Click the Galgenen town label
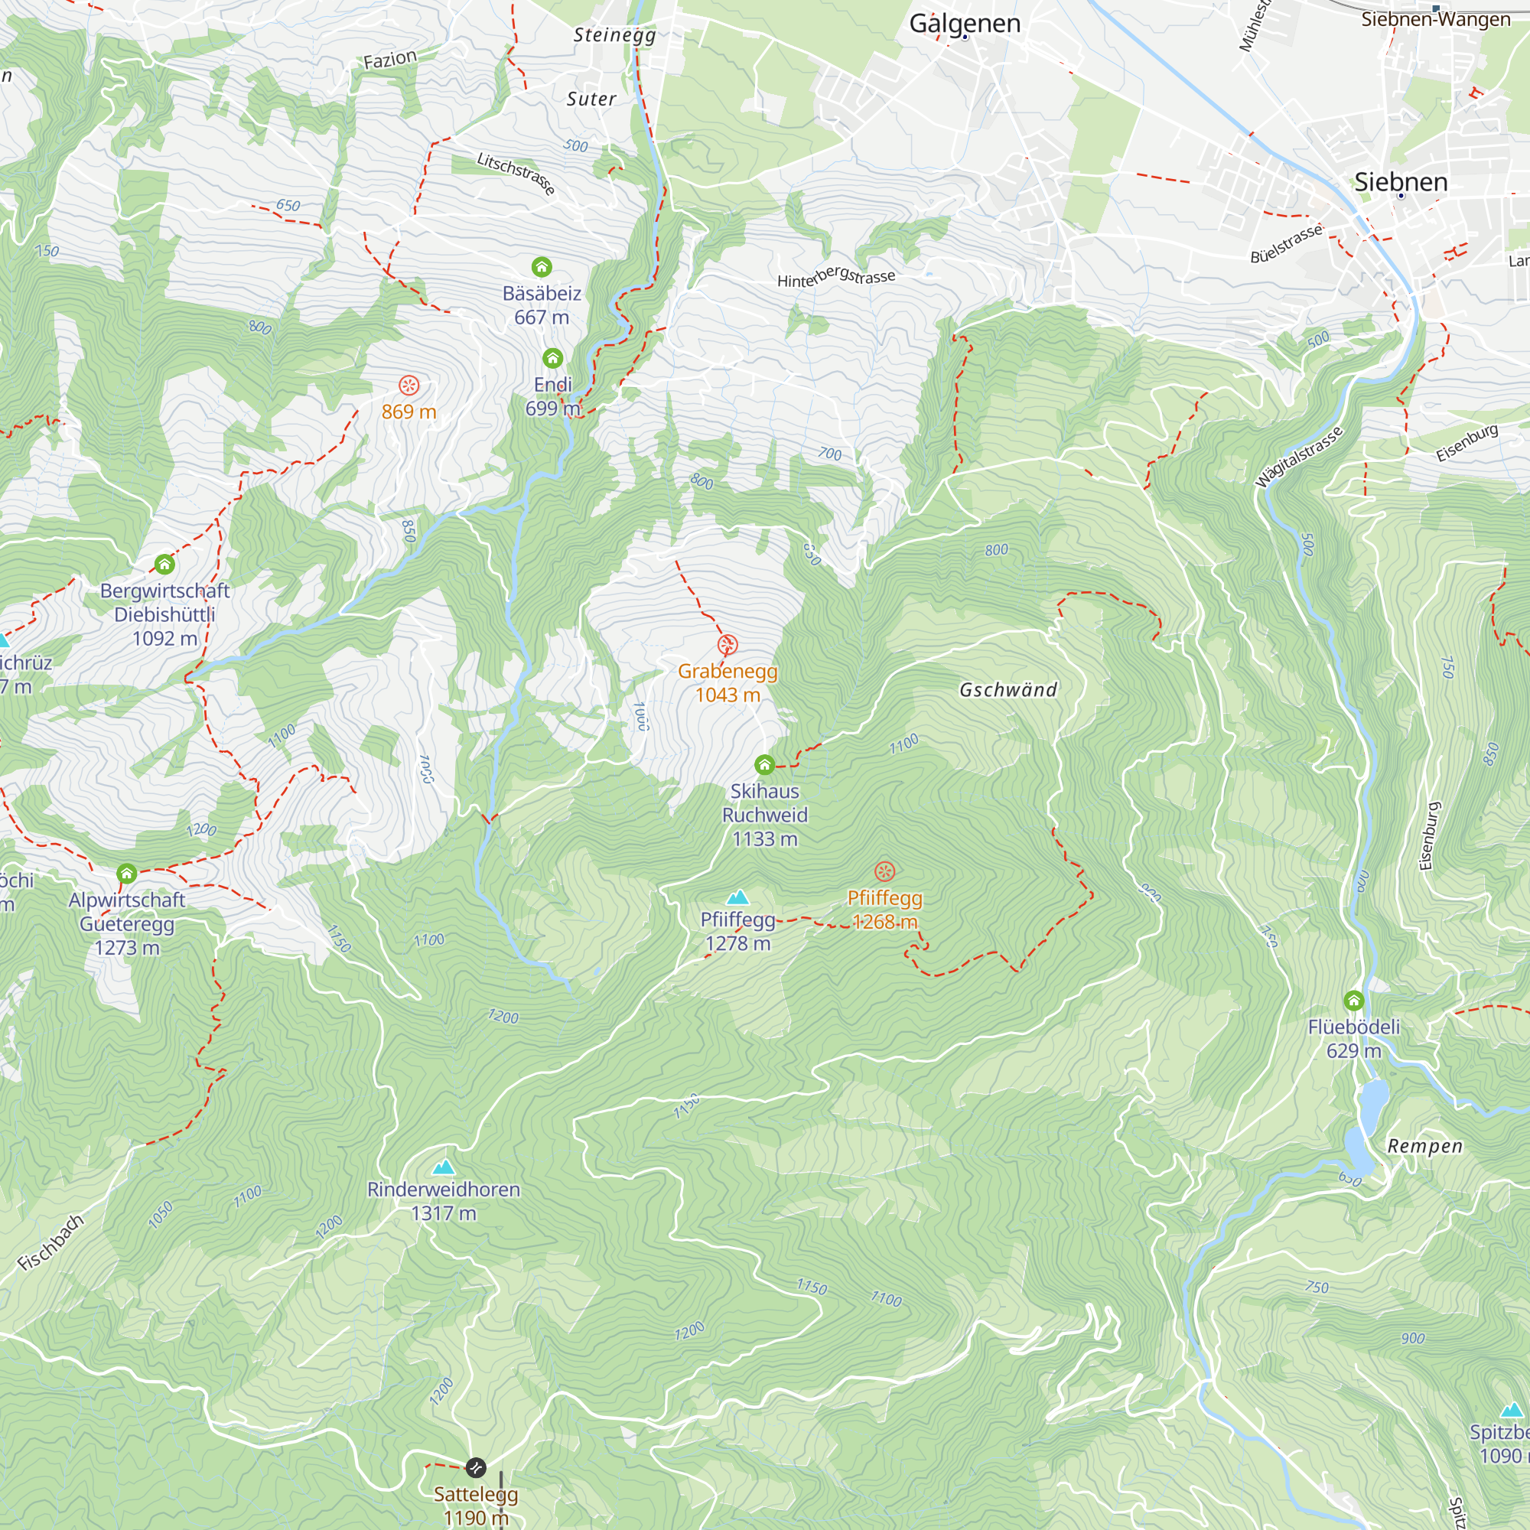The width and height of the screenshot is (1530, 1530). (x=965, y=24)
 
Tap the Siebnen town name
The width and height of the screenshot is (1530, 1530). (x=1400, y=182)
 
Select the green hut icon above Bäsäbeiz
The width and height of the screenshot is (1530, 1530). (x=542, y=267)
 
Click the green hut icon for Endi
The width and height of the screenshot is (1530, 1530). (x=553, y=359)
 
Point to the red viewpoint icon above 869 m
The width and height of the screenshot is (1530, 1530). (x=409, y=386)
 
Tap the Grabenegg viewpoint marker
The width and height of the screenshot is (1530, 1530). (x=728, y=645)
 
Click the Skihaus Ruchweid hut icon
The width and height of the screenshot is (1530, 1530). (x=764, y=765)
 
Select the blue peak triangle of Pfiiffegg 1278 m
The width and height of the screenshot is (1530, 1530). (x=738, y=897)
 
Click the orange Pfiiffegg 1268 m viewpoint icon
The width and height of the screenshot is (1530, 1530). (x=884, y=872)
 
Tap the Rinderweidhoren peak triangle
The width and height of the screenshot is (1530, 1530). (x=444, y=1167)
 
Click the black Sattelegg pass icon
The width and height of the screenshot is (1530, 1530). (x=475, y=1468)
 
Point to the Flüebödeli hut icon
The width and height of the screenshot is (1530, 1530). (x=1354, y=1000)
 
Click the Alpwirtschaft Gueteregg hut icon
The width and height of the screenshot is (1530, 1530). (x=127, y=874)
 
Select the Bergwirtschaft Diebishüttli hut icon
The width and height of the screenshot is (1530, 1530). (x=164, y=565)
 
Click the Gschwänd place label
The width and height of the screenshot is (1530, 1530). (x=1008, y=690)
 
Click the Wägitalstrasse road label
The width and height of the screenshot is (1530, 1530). (x=1299, y=457)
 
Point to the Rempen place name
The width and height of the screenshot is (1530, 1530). (x=1424, y=1147)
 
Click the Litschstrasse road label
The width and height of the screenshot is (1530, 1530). (x=516, y=174)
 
